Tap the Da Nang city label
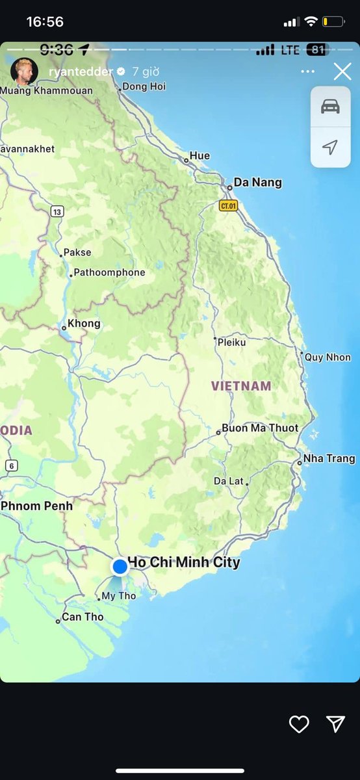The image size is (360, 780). pos(257,183)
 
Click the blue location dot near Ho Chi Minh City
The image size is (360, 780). pos(120,566)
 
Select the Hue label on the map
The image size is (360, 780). pos(199,156)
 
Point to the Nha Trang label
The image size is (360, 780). pos(329,459)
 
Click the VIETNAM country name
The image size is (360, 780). pos(241,386)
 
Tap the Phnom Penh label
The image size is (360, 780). pos(37,506)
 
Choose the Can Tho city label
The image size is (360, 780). pos(83,617)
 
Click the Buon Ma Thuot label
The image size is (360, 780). pos(260,428)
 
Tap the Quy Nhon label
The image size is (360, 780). pos(328,357)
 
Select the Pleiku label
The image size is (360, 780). pos(231,342)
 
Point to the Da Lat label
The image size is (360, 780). pos(229,481)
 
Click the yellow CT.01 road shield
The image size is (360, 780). pos(228,206)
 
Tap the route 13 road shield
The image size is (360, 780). pos(58,211)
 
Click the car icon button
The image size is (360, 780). pos(330,107)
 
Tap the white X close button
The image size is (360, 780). pos(342,71)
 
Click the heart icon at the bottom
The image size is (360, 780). pos(299,724)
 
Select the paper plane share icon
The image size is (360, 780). pos(335,724)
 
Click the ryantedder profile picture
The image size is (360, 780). pos(24,71)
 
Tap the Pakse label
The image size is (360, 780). pos(77,252)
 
